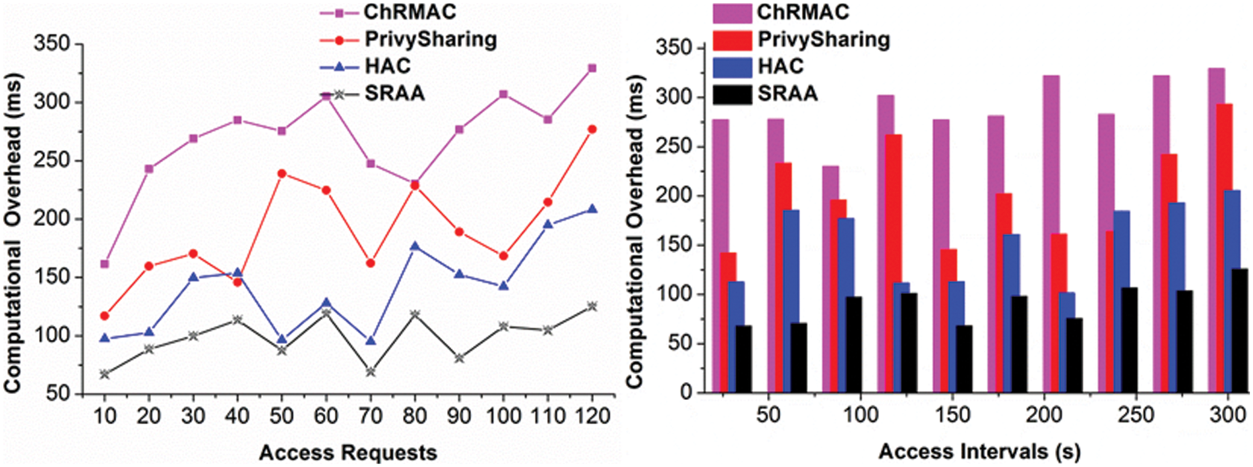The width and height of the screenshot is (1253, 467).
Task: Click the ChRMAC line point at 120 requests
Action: tap(592, 68)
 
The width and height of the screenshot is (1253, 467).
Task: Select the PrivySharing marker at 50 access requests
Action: tap(282, 173)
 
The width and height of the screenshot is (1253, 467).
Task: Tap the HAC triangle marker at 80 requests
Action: tap(415, 246)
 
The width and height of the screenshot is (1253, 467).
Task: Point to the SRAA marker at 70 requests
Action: tap(371, 371)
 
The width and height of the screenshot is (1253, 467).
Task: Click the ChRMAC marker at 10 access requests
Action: tap(104, 264)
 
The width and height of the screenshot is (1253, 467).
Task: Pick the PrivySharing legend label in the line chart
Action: tap(430, 40)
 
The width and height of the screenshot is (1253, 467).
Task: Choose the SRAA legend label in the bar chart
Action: tap(787, 94)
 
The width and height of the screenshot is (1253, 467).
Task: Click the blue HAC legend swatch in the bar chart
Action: tap(732, 67)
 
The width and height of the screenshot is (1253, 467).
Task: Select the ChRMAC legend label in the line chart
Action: tap(410, 12)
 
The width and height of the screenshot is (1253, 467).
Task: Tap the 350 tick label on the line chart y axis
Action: tap(51, 44)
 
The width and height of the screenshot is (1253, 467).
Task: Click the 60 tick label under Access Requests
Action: tap(326, 416)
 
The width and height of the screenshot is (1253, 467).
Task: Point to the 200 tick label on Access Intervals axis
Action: tap(1044, 415)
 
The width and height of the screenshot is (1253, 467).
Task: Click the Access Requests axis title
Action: tap(348, 453)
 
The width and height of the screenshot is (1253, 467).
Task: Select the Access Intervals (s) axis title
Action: tap(979, 452)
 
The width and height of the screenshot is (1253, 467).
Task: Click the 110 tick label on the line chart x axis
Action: tap(547, 416)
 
